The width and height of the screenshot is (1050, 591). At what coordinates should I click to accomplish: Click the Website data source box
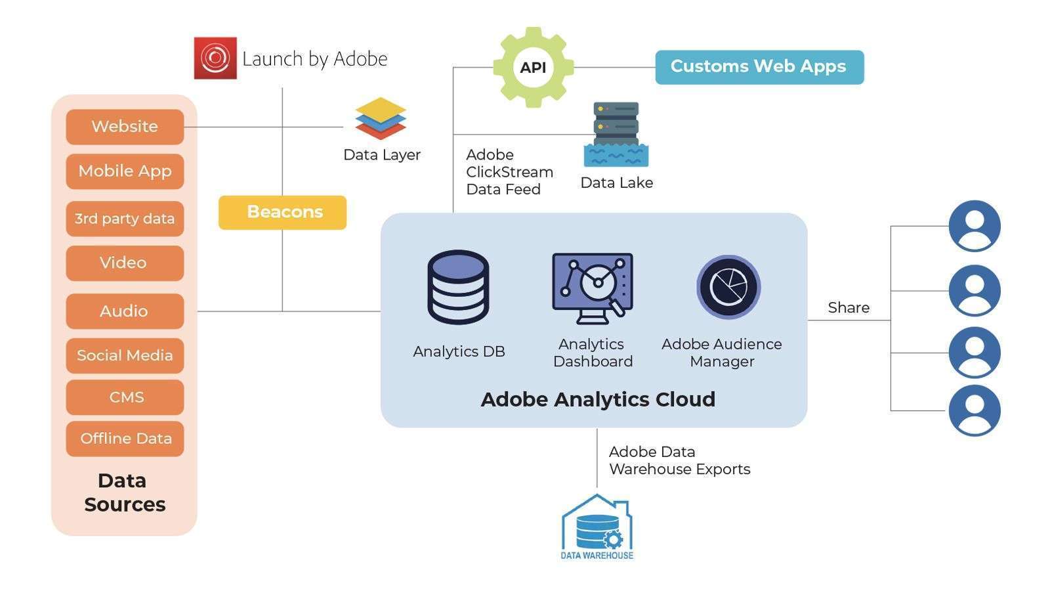point(125,127)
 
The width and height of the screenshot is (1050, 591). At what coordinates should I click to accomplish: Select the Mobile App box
point(125,171)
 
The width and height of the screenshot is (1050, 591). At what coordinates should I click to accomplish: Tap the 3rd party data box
point(125,219)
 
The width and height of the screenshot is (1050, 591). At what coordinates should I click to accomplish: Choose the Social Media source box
point(125,355)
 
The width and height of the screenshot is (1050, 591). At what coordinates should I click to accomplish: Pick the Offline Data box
point(125,439)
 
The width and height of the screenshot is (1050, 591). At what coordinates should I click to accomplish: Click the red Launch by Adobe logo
point(215,58)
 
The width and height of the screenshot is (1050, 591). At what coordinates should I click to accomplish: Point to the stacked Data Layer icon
point(381,119)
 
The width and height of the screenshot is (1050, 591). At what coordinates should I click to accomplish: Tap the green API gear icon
point(533,67)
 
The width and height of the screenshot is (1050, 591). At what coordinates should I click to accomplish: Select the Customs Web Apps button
point(759,67)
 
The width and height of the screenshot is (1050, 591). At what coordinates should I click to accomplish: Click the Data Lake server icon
point(616,135)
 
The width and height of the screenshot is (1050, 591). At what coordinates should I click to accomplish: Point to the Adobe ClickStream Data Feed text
point(509,172)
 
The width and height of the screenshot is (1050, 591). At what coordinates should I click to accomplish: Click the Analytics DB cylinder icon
point(458,287)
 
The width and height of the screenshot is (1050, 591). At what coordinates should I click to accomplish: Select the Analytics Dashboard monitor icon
point(592,288)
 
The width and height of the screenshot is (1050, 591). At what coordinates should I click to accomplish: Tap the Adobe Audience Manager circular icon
point(728,287)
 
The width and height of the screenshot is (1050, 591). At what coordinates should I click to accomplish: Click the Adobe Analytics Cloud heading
point(597,399)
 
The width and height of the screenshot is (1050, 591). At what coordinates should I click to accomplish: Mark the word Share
point(848,307)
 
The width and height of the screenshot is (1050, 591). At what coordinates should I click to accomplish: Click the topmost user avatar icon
point(974,226)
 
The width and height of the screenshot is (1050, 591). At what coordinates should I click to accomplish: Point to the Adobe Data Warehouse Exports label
point(679,460)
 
